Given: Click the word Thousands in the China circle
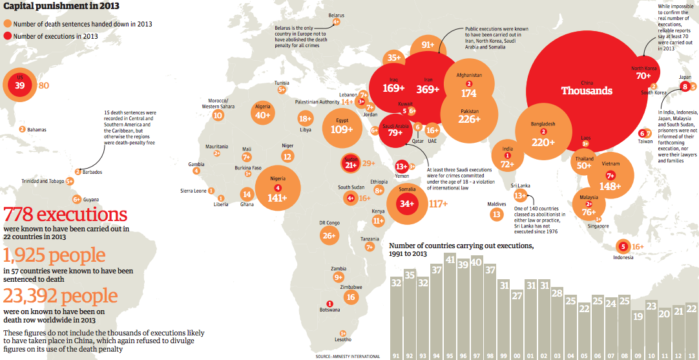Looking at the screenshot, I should point(587,90).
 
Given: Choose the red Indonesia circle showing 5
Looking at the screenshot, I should point(623,246).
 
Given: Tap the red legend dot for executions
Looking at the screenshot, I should point(8,36).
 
